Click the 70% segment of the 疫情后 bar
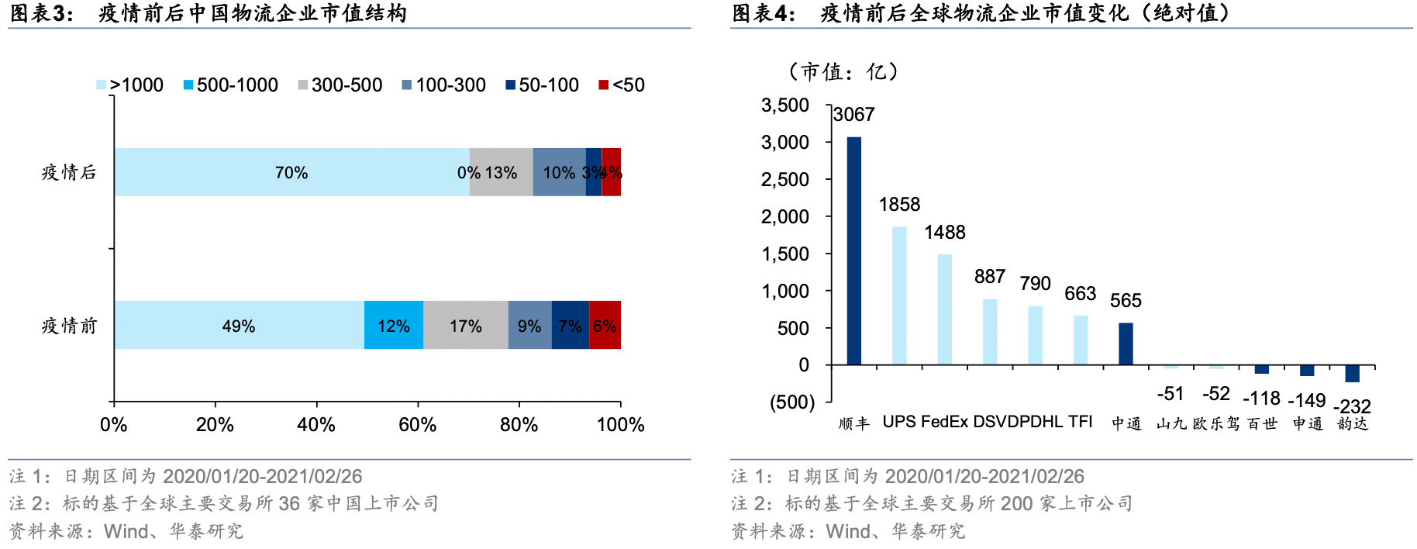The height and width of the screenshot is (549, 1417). pos(291,172)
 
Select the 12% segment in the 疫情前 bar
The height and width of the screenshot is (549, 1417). pos(394,325)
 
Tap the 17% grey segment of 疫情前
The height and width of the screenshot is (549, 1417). pos(466,325)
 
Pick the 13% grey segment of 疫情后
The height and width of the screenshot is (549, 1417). pos(502,172)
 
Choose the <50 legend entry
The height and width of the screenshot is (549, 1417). pos(622,85)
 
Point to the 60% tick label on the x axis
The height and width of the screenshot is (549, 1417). pos(418,425)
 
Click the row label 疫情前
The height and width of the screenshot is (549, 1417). pos(69,326)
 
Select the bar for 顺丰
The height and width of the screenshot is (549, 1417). pos(853,250)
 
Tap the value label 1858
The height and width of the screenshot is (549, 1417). pos(899,205)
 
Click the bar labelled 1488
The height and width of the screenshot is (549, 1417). pos(944,309)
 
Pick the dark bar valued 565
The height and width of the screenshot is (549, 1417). pos(1126,344)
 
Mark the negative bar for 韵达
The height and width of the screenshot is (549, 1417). pos(1352,374)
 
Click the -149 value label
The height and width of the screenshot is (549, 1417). pos(1307,401)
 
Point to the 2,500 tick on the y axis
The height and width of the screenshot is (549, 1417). pos(785,180)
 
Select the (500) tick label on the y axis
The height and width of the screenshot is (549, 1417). pos(792,402)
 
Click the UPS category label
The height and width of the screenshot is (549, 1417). pos(899,422)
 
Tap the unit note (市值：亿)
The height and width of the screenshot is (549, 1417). pos(843,72)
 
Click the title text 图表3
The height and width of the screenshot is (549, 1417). pos(40,13)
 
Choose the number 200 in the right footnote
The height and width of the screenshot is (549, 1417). pos(1016,504)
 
